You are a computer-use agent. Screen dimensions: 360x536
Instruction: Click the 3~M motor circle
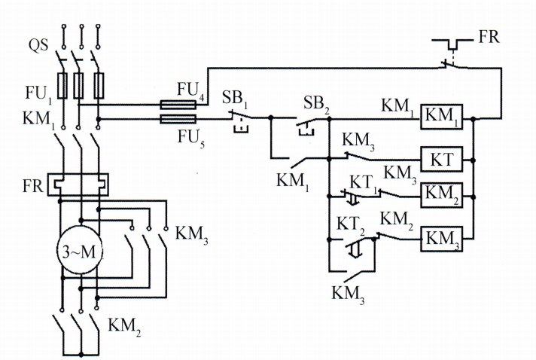pyautogui.click(x=78, y=251)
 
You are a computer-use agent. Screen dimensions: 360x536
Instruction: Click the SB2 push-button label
pyautogui.click(x=317, y=102)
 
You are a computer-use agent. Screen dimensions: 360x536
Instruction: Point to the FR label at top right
pyautogui.click(x=489, y=36)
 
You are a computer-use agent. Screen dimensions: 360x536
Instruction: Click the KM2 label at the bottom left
pyautogui.click(x=124, y=326)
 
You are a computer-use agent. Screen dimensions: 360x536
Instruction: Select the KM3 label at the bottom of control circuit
pyautogui.click(x=349, y=294)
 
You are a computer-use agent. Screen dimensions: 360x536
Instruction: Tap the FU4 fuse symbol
pyautogui.click(x=178, y=105)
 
